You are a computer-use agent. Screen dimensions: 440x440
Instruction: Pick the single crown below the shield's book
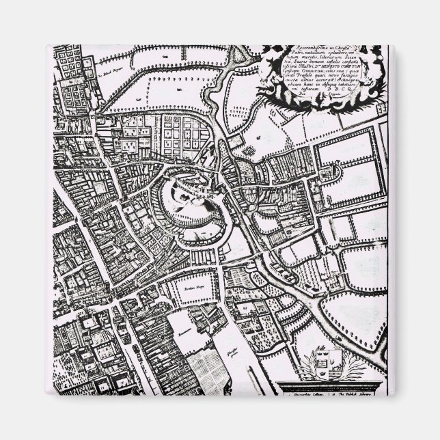[x=319, y=374]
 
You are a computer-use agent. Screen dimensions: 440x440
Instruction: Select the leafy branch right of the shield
[x=350, y=369]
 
